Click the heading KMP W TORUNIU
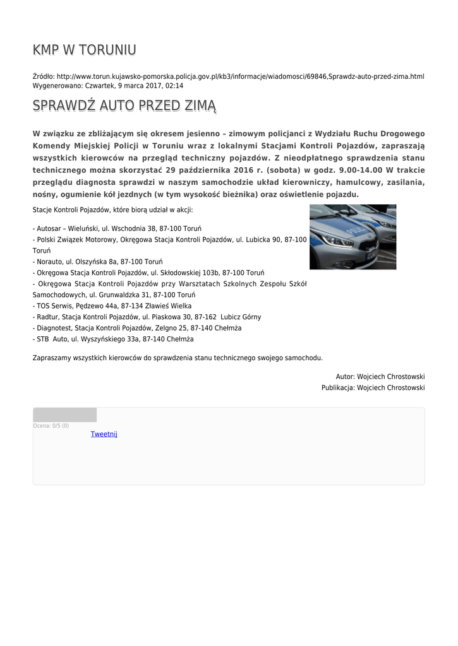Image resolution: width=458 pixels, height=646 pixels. pos(84,50)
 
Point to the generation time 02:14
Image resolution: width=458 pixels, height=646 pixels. pos(175,85)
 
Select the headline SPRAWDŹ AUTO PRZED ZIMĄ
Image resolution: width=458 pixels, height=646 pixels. pos(124,105)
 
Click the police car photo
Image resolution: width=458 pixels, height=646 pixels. pos(353,237)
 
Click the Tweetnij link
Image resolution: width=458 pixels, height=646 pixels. pos(104,434)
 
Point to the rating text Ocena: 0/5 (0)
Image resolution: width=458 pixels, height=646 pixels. pos(51,426)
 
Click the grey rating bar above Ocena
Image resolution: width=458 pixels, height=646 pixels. pos(64,414)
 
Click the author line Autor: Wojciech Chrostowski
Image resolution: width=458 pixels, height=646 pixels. pos(380,376)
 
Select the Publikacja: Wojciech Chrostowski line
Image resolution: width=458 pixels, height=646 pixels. pos(373,387)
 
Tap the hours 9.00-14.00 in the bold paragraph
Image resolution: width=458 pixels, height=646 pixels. pos(361,170)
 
